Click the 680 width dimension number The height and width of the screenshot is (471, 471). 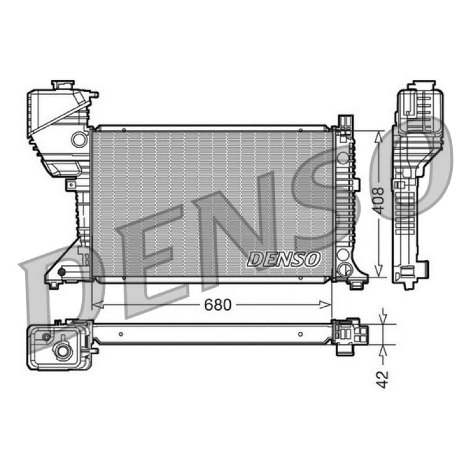(x=218, y=305)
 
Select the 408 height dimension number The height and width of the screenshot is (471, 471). (x=379, y=201)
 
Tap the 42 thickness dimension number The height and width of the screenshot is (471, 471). (x=382, y=379)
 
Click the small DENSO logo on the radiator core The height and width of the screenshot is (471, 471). (x=284, y=259)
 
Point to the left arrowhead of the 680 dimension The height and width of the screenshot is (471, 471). (x=98, y=305)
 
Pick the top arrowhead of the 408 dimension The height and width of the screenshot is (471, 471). (x=379, y=137)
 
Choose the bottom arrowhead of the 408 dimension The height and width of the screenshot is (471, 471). (x=379, y=270)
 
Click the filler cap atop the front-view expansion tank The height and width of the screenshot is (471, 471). (x=62, y=85)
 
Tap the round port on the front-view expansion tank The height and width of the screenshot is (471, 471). (x=79, y=140)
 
